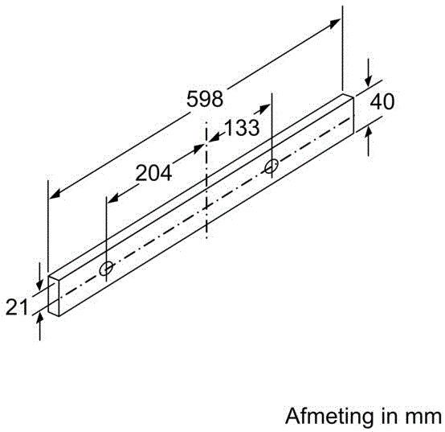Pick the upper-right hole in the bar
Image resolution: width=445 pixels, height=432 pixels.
pos(271,166)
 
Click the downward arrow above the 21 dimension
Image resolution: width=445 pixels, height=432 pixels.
pos(38,282)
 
